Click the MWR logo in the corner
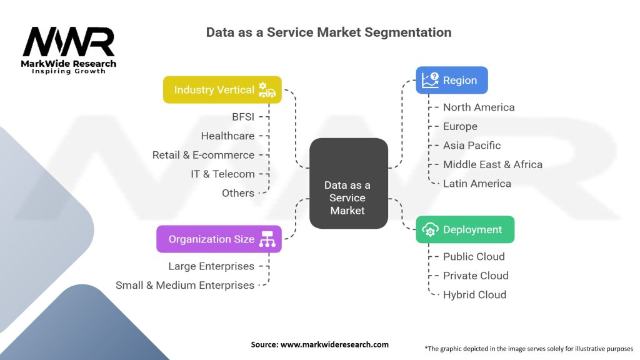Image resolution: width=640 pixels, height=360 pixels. pos(69,49)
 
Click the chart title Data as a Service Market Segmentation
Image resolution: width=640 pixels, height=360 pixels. pos(329,32)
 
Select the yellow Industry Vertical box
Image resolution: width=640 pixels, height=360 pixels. pos(222,90)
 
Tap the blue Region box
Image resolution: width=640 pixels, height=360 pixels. pos(451,80)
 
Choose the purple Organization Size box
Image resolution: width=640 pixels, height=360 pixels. pos(219,239)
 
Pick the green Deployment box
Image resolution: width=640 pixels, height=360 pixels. pos(465,229)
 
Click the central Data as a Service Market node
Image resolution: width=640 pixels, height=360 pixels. pos(347,197)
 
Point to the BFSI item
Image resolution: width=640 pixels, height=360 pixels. pos(242,117)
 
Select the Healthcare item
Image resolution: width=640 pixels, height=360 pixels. pos(227,136)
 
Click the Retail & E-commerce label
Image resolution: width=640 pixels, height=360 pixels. pos(203,155)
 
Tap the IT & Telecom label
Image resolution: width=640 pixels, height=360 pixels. pos(222,174)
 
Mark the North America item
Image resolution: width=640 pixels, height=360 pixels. pos(479,107)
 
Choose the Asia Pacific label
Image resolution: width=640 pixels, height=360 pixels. pos(472,146)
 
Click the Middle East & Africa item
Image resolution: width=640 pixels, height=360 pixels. pos(492,164)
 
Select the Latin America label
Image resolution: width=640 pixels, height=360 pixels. pos(477,184)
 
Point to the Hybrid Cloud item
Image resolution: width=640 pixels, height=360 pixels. pos(474,295)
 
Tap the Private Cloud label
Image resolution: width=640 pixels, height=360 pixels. pos(476,276)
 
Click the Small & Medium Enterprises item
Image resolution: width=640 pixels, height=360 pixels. pos(185,285)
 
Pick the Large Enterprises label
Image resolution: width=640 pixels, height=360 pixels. pos(211,266)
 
